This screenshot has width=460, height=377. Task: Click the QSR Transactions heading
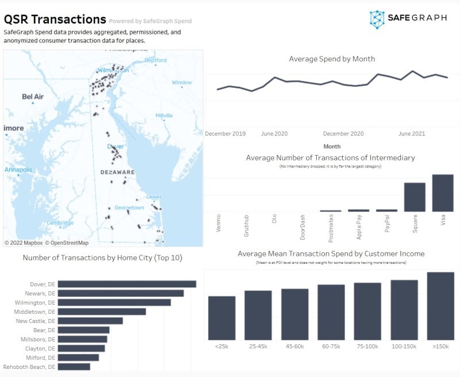[x=55, y=20]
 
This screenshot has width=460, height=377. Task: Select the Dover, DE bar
[x=127, y=284]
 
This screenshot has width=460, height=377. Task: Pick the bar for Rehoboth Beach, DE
[x=74, y=367]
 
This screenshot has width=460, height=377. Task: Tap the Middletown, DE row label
[x=36, y=311]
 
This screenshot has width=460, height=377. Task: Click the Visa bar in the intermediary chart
[x=443, y=193]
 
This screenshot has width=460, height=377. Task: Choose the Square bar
[x=415, y=197]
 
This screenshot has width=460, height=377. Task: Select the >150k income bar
[x=440, y=306]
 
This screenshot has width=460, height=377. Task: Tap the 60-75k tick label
[x=331, y=347]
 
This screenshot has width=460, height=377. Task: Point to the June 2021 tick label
[x=412, y=133]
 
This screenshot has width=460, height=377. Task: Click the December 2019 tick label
[x=225, y=133]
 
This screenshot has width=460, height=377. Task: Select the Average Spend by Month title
[x=332, y=59]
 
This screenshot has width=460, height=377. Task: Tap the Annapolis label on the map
[x=18, y=170]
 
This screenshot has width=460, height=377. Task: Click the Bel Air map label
[x=33, y=97]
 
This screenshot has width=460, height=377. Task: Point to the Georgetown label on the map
[x=129, y=207]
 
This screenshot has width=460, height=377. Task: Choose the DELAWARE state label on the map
[x=117, y=172]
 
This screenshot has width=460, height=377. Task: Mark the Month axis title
[x=332, y=147]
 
